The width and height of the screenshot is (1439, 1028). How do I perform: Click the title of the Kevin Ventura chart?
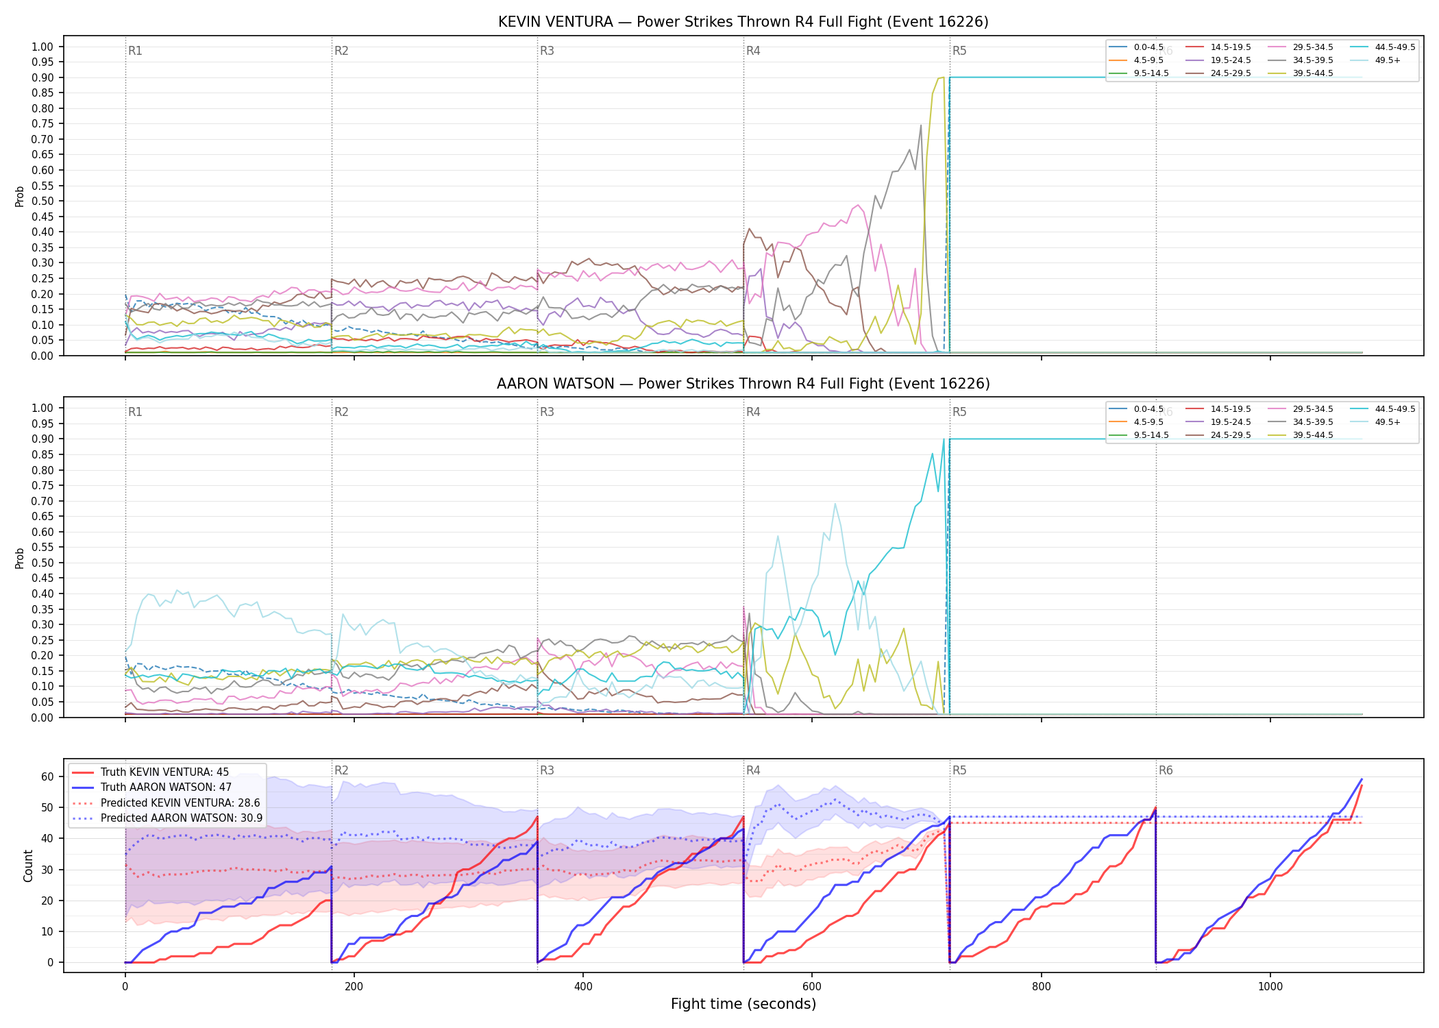pos(743,22)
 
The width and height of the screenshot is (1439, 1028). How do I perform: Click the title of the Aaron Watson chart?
pos(743,384)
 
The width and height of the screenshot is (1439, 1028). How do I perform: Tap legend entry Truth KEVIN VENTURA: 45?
pos(165,772)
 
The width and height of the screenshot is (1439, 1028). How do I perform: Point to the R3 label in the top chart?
pos(547,51)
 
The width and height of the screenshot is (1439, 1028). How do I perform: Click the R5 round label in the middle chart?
pos(959,412)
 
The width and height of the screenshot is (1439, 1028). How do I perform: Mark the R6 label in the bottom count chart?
pos(1166,770)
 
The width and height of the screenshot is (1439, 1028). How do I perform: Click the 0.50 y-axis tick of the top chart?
pos(42,201)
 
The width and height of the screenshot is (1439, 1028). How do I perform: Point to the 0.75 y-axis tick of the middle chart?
pos(42,486)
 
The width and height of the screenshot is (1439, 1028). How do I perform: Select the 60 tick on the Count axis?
pos(47,777)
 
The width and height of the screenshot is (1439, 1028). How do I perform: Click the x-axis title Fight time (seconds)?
pos(743,1004)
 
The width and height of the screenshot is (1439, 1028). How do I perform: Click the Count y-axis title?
pos(28,866)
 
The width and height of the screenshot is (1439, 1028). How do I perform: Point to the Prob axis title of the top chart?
pos(20,196)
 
